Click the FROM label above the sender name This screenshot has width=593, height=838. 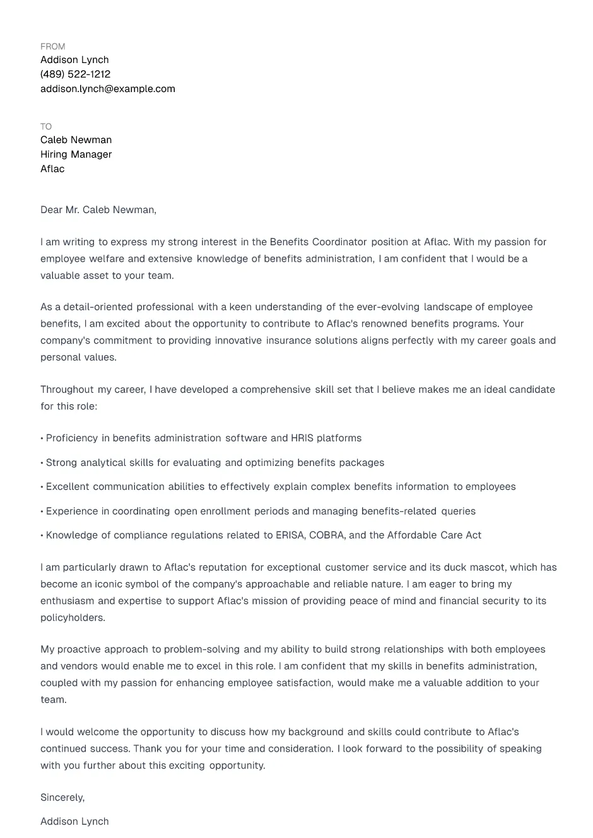point(52,47)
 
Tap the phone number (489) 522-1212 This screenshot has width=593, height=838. point(75,74)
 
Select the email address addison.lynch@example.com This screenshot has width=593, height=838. point(108,89)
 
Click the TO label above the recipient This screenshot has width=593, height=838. point(46,127)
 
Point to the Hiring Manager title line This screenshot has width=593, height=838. point(76,154)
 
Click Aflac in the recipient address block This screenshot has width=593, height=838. point(52,169)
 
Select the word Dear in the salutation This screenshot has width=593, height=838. point(51,210)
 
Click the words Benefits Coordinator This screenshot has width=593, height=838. point(318,242)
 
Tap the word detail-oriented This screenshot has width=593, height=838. point(97,307)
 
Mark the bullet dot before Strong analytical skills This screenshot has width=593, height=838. point(42,463)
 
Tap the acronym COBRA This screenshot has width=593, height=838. point(327,535)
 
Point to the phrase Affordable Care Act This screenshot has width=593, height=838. point(434,535)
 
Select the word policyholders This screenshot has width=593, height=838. point(72,618)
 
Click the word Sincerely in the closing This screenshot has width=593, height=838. point(62,798)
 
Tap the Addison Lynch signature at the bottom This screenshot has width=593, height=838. point(74,822)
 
